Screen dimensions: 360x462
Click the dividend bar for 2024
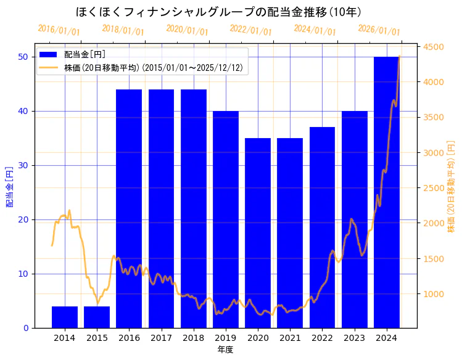tap(387, 192)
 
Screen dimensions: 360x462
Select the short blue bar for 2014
tap(65, 317)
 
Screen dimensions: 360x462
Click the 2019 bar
tap(226, 219)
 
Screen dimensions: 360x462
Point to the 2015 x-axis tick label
tap(97, 337)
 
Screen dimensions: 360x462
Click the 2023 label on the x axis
tap(354, 337)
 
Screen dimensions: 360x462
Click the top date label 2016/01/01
tap(59, 30)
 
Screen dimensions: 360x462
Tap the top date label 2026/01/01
tap(379, 30)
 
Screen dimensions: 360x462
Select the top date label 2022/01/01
tap(250, 30)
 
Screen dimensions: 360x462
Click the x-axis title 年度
tap(225, 350)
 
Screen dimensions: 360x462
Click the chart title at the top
tap(219, 12)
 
